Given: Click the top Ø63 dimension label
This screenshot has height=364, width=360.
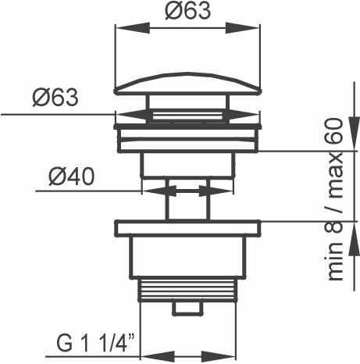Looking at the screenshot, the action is [187, 11].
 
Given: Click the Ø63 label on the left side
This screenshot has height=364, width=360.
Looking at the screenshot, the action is [55, 98].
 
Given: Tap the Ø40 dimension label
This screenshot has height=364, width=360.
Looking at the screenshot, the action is [72, 177].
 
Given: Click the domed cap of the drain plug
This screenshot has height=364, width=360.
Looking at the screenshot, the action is [187, 84].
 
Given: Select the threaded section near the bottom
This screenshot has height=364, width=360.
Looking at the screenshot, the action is [187, 290].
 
